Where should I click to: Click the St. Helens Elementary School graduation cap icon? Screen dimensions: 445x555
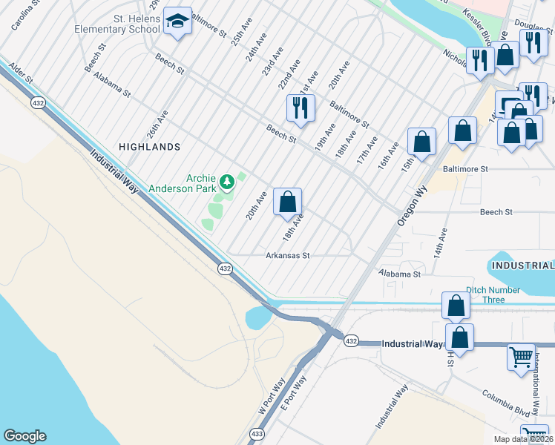point(177,22)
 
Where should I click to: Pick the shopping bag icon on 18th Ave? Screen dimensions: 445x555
point(288,201)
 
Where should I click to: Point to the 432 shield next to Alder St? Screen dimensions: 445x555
point(37,103)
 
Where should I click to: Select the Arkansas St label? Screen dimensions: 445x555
point(287,255)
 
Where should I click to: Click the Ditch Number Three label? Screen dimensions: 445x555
point(485,295)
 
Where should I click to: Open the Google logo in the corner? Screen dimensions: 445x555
point(24,436)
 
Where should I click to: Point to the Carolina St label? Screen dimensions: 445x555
point(23,15)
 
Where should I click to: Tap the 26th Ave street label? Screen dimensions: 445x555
point(157,125)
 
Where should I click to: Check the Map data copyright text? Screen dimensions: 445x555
point(524,439)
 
